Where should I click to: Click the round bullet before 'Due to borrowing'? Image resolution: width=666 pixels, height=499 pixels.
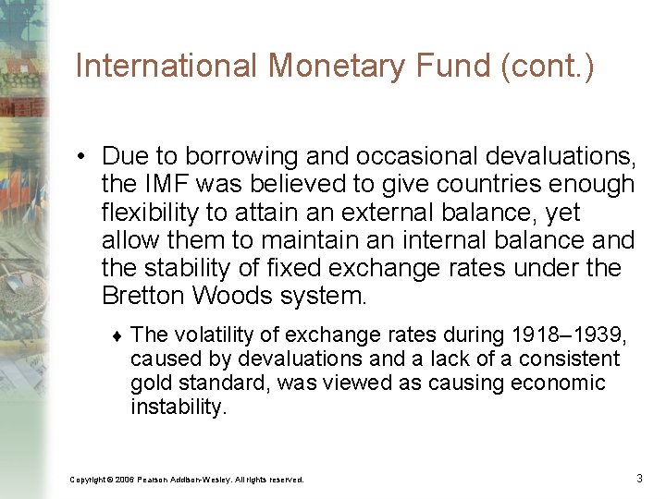point(82,155)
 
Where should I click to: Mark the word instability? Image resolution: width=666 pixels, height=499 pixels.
point(178,407)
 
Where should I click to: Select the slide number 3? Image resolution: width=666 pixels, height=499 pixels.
point(639,478)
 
